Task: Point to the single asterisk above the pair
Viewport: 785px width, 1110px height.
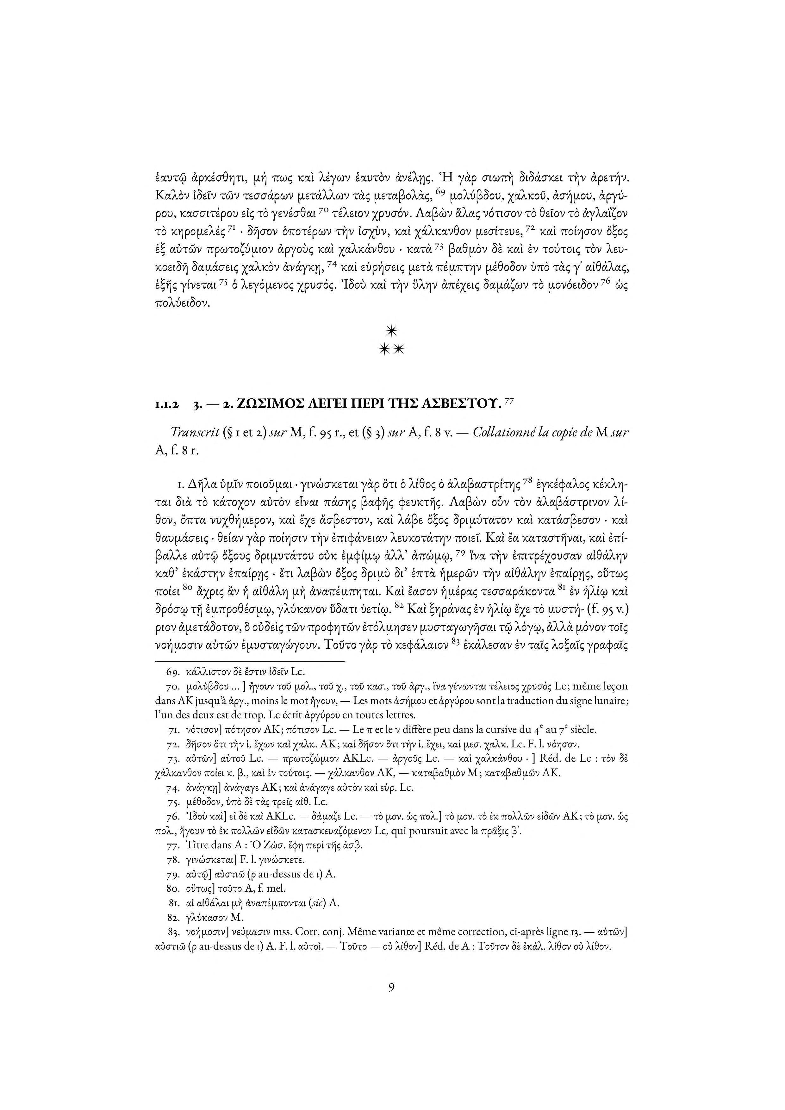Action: (392, 331)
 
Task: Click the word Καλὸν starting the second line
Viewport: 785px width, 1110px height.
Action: (171, 196)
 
